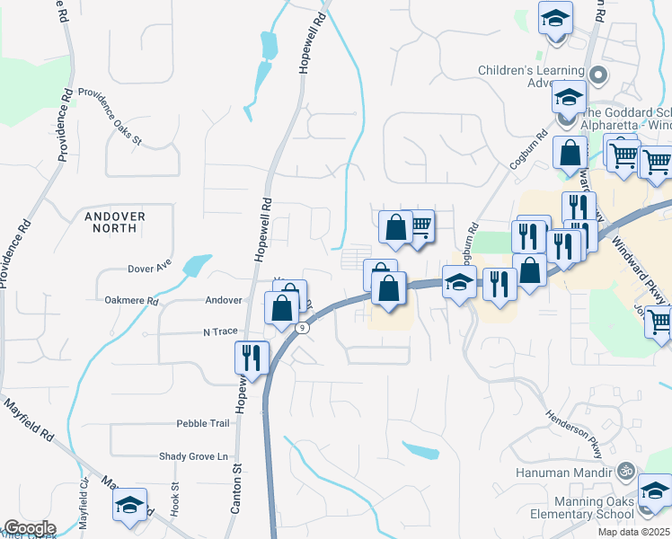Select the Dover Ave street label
(149, 268)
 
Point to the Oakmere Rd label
(131, 301)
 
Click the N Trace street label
(220, 331)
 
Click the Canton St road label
(237, 490)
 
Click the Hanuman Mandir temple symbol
(626, 470)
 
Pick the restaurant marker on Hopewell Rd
(252, 358)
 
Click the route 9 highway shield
(303, 328)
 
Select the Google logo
(30, 528)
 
